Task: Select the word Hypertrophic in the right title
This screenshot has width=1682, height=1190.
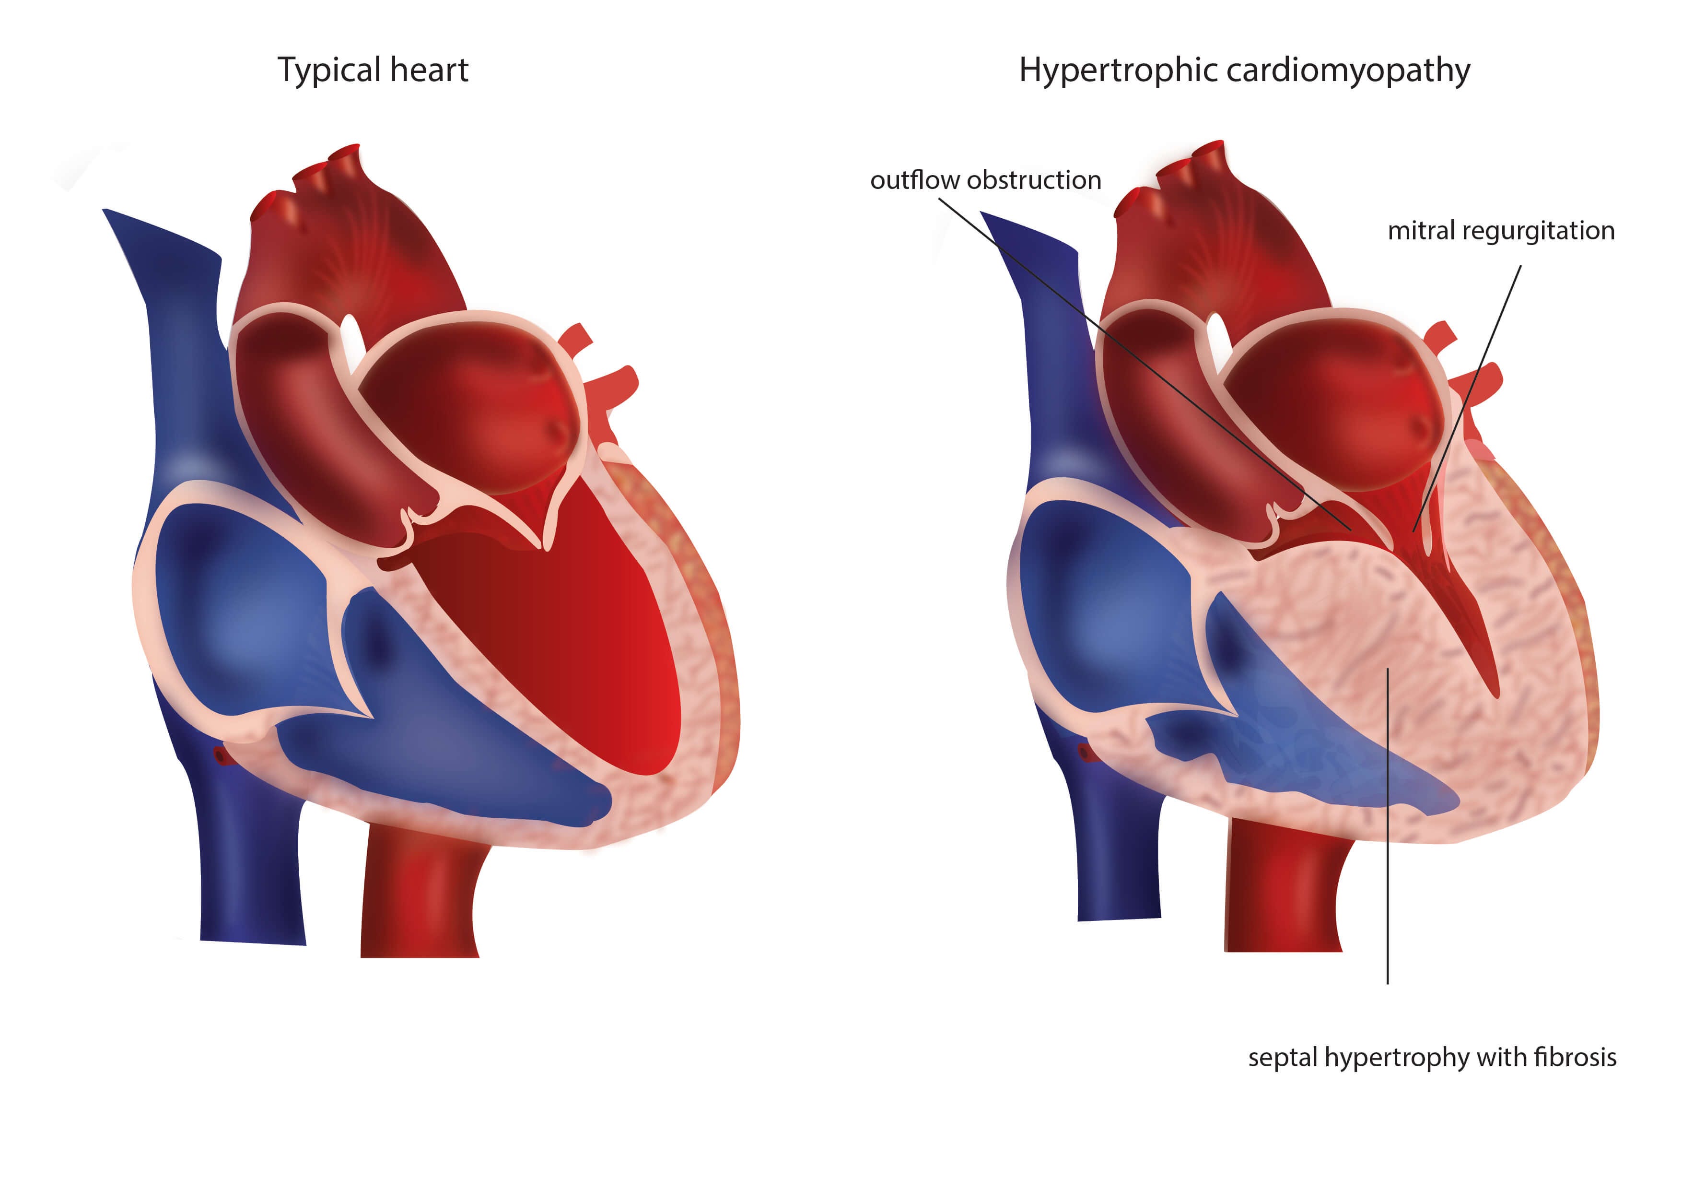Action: point(1117,71)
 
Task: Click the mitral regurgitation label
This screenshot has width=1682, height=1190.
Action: point(1500,230)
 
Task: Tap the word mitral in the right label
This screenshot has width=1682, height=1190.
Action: point(1421,230)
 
